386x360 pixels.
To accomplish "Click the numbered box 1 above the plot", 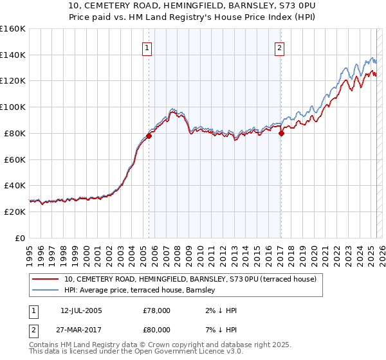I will [147, 48].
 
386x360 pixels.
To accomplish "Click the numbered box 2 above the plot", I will [280, 48].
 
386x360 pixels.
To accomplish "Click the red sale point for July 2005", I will [149, 136].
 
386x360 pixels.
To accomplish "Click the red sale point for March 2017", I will [281, 133].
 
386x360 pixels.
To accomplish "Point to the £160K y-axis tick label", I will [12, 29].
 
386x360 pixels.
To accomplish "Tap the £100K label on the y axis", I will [12, 107].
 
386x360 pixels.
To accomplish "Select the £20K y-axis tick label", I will [14, 212].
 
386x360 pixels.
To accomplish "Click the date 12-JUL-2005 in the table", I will [81, 310].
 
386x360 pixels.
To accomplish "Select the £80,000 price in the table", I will [157, 330].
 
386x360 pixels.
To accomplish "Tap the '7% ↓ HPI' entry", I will [219, 330].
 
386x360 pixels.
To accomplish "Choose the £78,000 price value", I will [157, 310].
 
